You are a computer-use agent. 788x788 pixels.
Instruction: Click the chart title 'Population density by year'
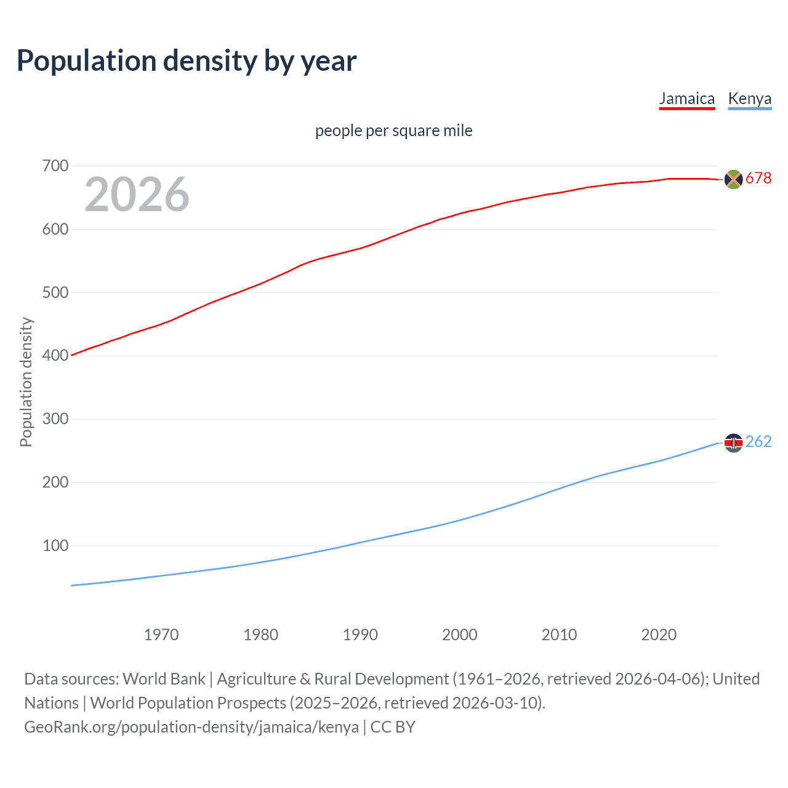(x=187, y=61)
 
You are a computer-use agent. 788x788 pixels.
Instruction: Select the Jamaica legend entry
(x=687, y=98)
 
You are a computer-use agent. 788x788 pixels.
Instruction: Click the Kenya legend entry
(x=749, y=98)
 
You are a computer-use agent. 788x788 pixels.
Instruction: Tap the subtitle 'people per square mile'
(x=393, y=131)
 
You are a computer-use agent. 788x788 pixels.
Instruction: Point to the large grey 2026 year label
(x=137, y=195)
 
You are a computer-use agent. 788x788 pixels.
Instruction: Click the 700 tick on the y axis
(x=55, y=166)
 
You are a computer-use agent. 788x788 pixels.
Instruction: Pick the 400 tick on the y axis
(x=55, y=356)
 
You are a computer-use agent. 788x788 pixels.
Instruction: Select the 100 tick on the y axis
(x=55, y=545)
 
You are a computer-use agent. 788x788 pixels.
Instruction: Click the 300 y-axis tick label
(x=55, y=419)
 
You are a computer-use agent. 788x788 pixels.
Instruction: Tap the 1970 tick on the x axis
(x=161, y=635)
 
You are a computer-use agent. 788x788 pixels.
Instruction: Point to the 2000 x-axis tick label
(x=460, y=635)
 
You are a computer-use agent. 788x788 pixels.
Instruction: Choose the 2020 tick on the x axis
(x=659, y=635)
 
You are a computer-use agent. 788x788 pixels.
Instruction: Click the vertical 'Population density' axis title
(x=26, y=382)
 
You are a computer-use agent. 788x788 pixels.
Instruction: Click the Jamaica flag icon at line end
(x=733, y=179)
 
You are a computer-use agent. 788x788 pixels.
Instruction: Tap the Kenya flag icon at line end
(x=733, y=443)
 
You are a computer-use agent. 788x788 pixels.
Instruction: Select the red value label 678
(x=758, y=179)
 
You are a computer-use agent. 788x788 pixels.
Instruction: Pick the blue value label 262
(x=758, y=442)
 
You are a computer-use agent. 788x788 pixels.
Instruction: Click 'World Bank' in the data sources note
(x=164, y=679)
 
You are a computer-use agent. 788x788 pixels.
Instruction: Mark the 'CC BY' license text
(x=393, y=727)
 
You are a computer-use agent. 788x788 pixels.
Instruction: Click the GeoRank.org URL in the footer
(x=191, y=727)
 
